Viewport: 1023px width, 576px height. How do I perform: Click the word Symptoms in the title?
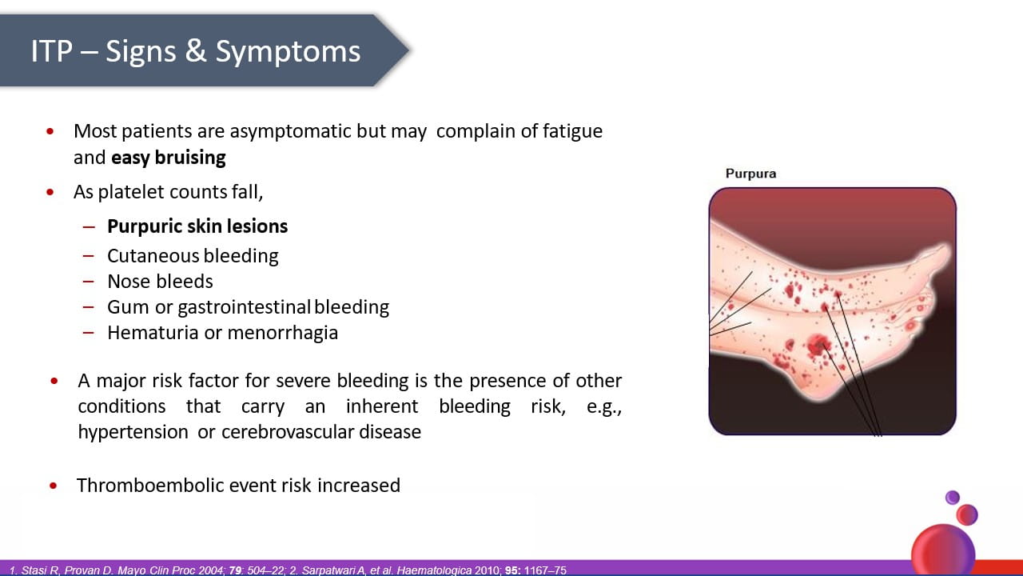click(x=288, y=52)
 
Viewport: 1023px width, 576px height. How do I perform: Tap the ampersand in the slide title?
click(x=196, y=50)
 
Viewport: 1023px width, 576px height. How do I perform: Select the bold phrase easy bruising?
click(x=169, y=158)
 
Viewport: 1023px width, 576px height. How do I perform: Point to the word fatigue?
click(x=573, y=132)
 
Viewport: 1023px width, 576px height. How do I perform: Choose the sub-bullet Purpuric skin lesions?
click(x=197, y=226)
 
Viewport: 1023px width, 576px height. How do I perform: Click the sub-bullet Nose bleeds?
click(x=160, y=282)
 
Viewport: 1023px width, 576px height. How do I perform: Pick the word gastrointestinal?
click(x=245, y=308)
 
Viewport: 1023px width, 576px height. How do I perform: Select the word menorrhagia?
click(x=283, y=334)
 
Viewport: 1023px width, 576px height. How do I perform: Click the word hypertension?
click(x=133, y=433)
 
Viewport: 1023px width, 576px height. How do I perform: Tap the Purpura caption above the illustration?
click(x=750, y=174)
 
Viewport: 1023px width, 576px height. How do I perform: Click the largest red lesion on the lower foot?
click(x=817, y=345)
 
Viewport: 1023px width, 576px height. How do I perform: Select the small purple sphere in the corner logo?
click(x=952, y=498)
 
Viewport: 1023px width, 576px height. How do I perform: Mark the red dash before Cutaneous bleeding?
click(x=89, y=256)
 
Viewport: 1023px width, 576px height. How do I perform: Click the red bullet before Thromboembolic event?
click(x=54, y=486)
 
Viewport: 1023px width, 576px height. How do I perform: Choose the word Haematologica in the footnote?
click(x=434, y=570)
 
